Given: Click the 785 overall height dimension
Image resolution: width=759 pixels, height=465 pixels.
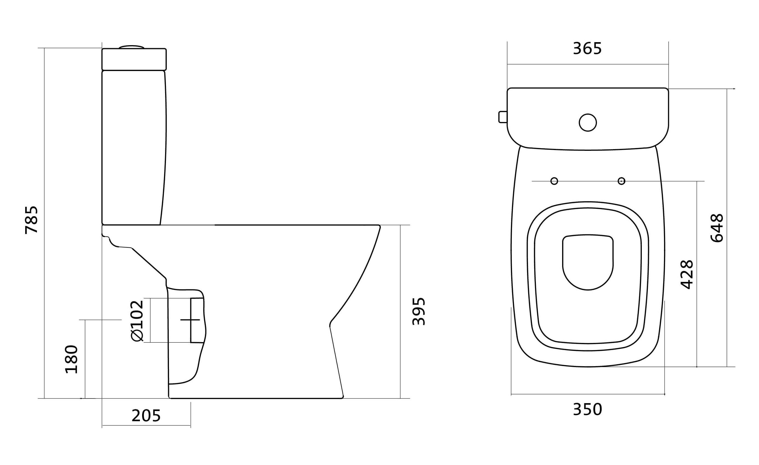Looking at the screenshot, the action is (31, 220).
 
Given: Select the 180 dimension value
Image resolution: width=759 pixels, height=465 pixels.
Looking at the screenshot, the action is (71, 359).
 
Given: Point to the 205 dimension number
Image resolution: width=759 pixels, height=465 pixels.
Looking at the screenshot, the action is (146, 416).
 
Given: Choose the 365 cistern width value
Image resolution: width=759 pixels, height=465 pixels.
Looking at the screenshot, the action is (587, 49).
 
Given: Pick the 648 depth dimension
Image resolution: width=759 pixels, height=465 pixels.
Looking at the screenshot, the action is (717, 228).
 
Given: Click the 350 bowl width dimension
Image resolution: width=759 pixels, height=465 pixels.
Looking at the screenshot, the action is (587, 409).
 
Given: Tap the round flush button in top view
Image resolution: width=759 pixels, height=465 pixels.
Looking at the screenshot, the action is (588, 123).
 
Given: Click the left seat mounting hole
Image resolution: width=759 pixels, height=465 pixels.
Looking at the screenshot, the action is (554, 181).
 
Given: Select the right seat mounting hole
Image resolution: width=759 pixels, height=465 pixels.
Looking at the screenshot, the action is (622, 181).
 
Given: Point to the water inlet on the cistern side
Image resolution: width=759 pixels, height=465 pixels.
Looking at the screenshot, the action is (503, 117).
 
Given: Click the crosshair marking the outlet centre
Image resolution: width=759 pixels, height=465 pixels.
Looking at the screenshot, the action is (190, 320).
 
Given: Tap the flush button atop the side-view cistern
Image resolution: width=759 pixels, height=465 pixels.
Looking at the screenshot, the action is (131, 47).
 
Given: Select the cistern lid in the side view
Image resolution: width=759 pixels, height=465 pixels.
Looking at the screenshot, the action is (134, 59).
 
